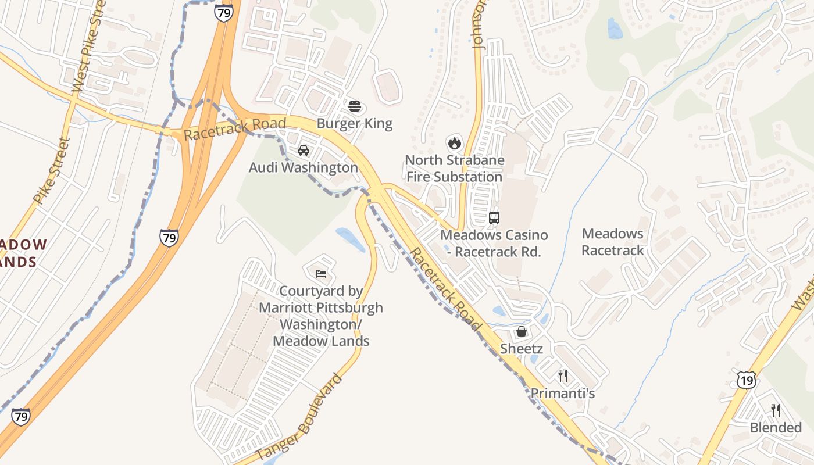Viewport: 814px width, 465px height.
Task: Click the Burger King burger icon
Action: pyautogui.click(x=355, y=106)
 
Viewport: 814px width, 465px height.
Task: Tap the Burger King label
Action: pyautogui.click(x=355, y=123)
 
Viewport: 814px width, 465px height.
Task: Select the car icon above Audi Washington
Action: pyautogui.click(x=303, y=151)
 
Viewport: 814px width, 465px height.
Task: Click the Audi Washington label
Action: pyautogui.click(x=304, y=167)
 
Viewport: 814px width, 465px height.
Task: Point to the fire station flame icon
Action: pyautogui.click(x=454, y=142)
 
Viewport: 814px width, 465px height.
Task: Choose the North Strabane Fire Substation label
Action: pyautogui.click(x=454, y=168)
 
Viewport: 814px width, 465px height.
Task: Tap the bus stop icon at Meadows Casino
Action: pyautogui.click(x=494, y=218)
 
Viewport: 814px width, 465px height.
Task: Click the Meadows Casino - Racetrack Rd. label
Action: pyautogui.click(x=494, y=244)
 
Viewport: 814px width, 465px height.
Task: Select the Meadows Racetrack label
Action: pyautogui.click(x=613, y=242)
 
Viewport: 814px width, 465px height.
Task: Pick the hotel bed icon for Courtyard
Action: pyautogui.click(x=321, y=273)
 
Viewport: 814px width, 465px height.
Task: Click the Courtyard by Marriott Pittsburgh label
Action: pyautogui.click(x=321, y=316)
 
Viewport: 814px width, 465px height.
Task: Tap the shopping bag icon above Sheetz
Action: pyautogui.click(x=522, y=331)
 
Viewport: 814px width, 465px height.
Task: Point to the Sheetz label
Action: pyautogui.click(x=522, y=349)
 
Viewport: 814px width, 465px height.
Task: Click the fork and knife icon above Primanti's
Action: pyautogui.click(x=562, y=376)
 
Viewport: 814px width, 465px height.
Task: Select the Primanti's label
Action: pyautogui.click(x=562, y=394)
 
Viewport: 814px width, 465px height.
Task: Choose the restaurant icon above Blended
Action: pyautogui.click(x=776, y=410)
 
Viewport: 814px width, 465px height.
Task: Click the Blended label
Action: pyautogui.click(x=776, y=428)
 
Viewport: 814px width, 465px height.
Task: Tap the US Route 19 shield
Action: pyautogui.click(x=747, y=381)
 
